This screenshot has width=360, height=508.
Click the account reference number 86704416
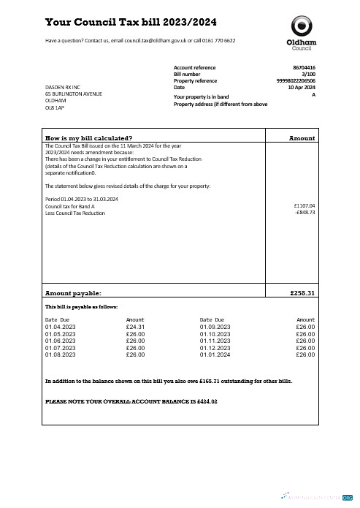click(x=304, y=67)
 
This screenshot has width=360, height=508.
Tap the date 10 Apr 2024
click(x=302, y=88)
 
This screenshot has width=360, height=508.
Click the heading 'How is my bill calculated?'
click(x=89, y=138)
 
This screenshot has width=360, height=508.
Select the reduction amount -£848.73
click(x=304, y=213)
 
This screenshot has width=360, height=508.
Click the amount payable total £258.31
click(x=300, y=293)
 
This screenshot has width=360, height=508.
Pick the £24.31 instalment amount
click(x=136, y=327)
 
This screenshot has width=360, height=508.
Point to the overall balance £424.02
click(x=204, y=402)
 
